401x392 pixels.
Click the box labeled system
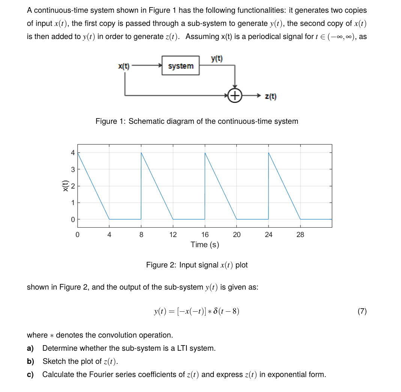point(180,66)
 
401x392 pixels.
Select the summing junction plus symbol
point(235,96)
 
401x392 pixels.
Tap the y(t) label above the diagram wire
point(216,59)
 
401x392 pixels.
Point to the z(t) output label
point(271,97)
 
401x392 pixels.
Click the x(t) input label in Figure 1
point(124,66)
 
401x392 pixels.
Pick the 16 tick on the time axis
point(205,235)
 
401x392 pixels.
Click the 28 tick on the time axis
point(300,235)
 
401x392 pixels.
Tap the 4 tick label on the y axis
point(73,153)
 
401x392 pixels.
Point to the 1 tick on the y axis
point(73,203)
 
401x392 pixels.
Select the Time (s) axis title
point(204,245)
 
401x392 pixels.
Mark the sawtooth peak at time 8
point(141,153)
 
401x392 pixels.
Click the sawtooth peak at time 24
point(269,153)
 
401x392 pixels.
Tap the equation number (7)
point(362,311)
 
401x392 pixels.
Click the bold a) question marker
point(30,348)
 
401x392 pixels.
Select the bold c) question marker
point(30,374)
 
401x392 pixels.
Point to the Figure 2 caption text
point(197,265)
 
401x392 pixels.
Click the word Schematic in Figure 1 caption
point(145,121)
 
